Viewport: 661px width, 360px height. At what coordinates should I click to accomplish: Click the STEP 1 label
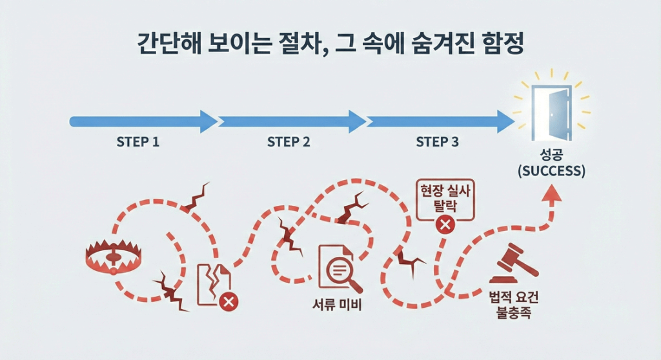pos(137,142)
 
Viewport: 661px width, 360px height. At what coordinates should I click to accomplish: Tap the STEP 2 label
pos(289,142)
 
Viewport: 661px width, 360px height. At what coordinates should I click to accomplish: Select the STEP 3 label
pos(437,142)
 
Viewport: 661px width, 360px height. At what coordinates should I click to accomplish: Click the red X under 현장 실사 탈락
pos(444,225)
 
